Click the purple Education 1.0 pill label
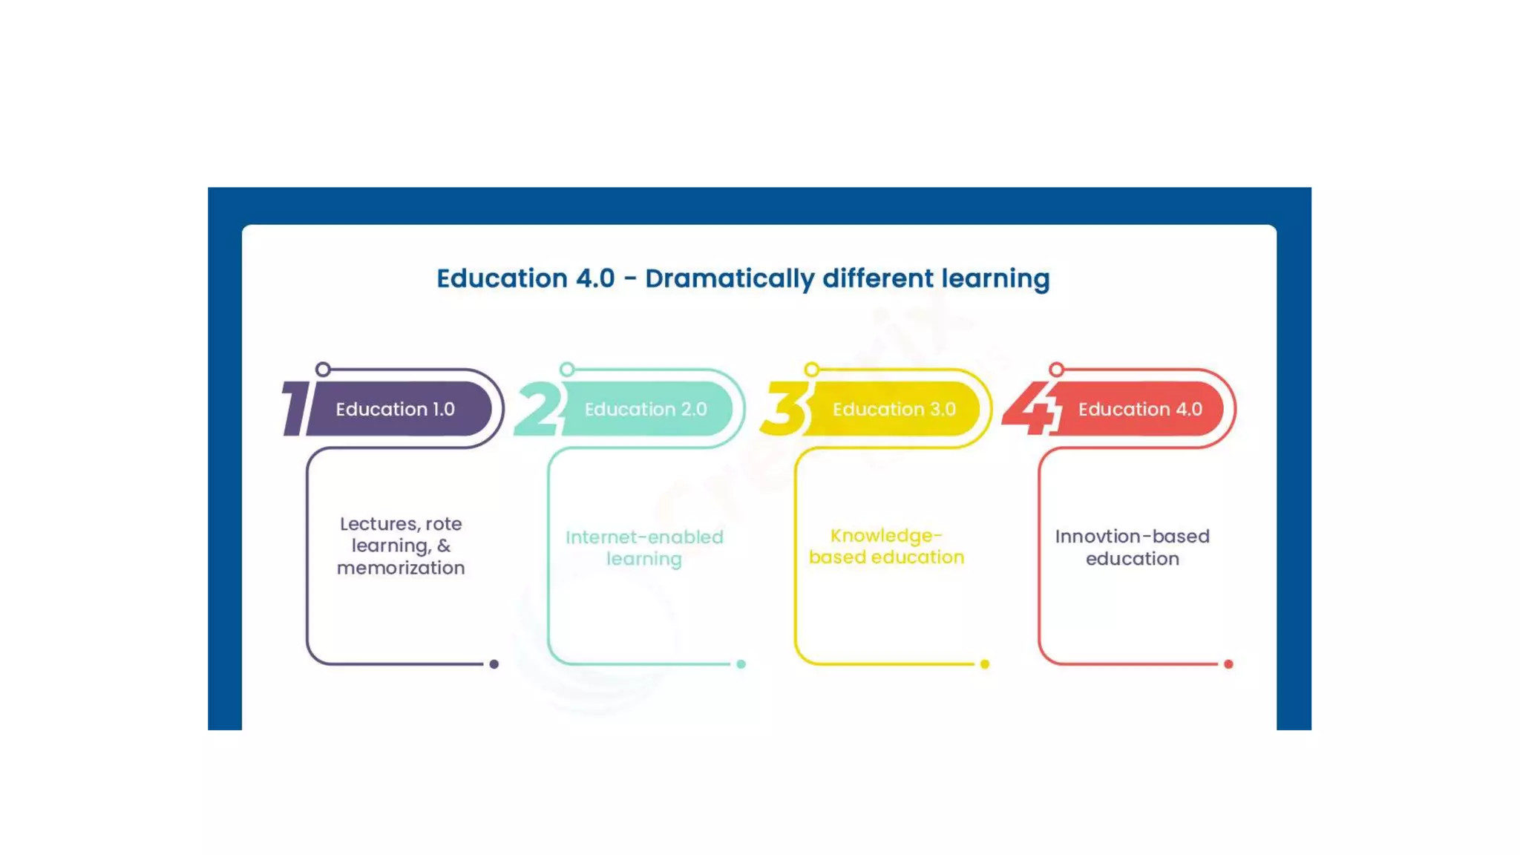[396, 409]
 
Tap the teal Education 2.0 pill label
[646, 409]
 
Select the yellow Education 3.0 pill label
[894, 409]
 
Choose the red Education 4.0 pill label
[1140, 409]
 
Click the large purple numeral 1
[296, 409]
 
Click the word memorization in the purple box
[401, 568]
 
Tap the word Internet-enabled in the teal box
[644, 537]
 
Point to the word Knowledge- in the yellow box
[886, 535]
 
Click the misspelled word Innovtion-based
[1132, 536]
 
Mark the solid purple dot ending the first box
[494, 664]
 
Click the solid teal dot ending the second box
[741, 664]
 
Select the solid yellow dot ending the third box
[985, 664]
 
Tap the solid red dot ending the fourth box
[1228, 664]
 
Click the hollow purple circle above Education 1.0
[323, 370]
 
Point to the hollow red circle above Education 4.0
[1056, 370]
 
